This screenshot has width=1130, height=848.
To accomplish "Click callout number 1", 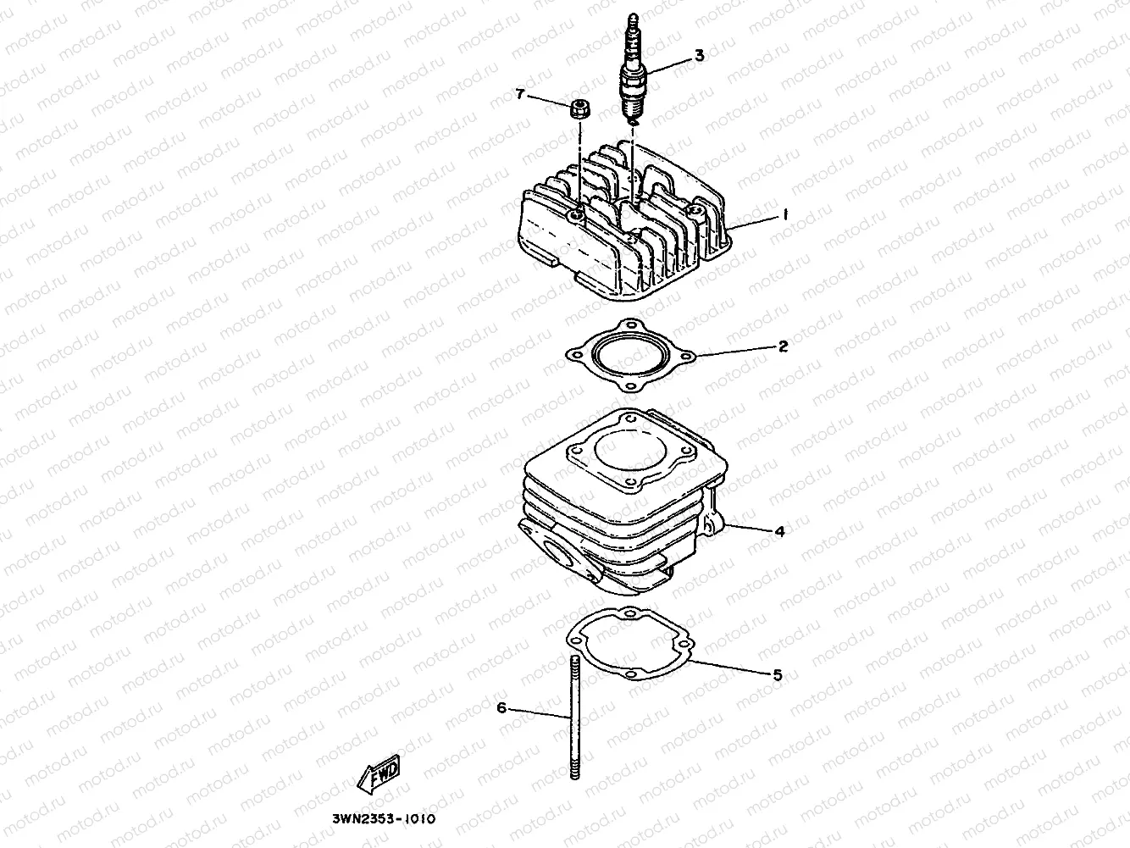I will click(x=784, y=216).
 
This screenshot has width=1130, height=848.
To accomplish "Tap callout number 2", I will click(x=784, y=346).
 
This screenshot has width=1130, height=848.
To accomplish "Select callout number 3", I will click(x=699, y=56).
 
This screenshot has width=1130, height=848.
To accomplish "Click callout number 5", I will click(x=777, y=675).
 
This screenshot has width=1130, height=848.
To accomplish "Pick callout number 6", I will click(x=501, y=707).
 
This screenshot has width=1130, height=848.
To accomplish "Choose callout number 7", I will click(x=520, y=93).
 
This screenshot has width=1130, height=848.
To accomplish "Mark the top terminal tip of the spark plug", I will click(x=631, y=18).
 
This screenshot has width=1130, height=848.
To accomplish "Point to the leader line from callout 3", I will click(x=669, y=64).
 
